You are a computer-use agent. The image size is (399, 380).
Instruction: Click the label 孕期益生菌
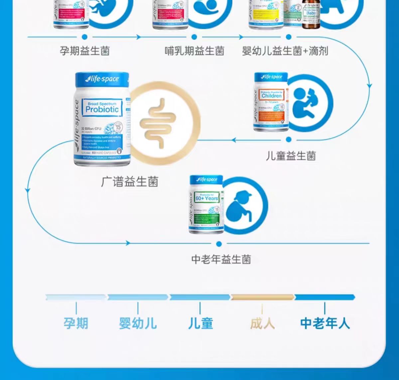[x=84, y=51]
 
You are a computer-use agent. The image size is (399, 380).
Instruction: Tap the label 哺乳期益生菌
[x=195, y=51]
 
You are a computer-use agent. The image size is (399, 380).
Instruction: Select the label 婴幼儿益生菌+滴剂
[x=285, y=51]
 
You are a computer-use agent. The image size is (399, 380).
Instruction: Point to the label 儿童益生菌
[x=291, y=155]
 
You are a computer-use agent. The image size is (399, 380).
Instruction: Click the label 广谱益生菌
[x=130, y=182]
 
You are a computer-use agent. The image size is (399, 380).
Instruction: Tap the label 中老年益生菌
[x=221, y=259]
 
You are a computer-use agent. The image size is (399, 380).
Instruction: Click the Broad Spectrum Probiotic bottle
[x=102, y=119]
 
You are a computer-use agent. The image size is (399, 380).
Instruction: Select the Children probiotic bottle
[x=271, y=101]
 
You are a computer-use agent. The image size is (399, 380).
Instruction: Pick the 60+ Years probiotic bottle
[x=207, y=204]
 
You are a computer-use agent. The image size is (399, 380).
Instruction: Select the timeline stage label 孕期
[x=76, y=323]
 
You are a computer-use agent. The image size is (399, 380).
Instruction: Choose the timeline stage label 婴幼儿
[x=138, y=323]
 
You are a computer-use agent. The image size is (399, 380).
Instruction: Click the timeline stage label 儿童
[x=200, y=323]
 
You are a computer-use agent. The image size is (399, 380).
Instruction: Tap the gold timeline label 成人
[x=262, y=323]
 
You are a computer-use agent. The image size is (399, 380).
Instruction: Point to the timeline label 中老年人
[x=325, y=323]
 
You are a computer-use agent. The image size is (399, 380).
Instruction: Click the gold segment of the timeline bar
[x=262, y=297]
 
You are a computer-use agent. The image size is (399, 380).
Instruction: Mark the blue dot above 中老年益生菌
[x=219, y=244]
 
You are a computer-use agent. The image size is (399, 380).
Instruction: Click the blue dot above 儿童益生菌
[x=289, y=139]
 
